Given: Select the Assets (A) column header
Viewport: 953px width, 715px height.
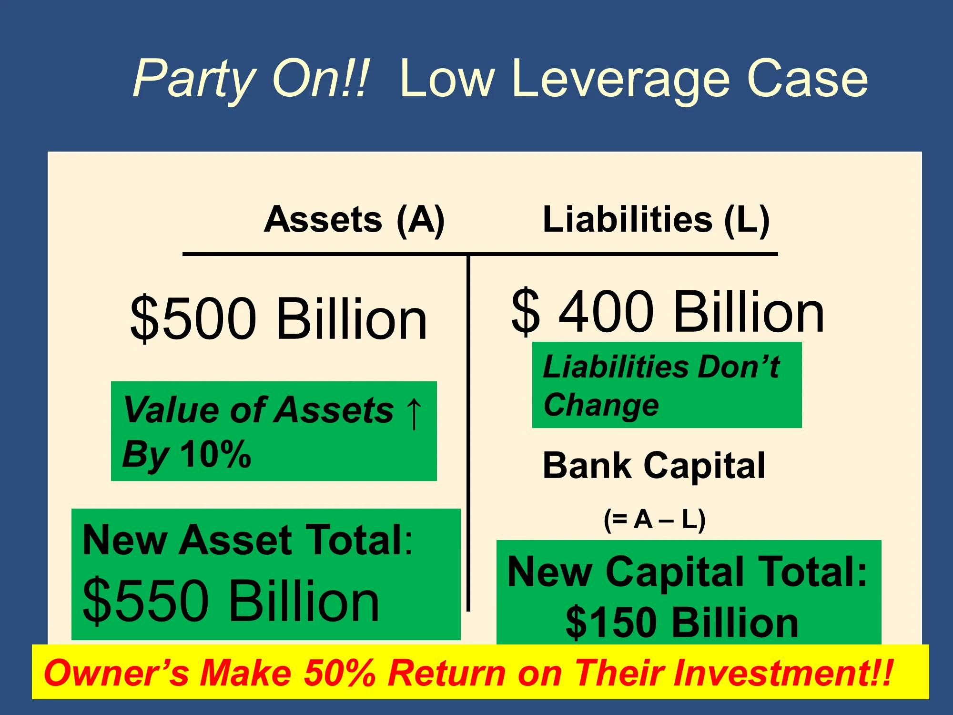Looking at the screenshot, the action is [x=355, y=220].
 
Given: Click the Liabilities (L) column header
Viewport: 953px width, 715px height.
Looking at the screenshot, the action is [x=656, y=220].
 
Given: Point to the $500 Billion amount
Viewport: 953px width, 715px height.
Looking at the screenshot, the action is [x=279, y=318].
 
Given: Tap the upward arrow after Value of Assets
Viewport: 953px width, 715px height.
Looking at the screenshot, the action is [x=414, y=413].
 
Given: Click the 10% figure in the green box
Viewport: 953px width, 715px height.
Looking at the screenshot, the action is [x=216, y=454].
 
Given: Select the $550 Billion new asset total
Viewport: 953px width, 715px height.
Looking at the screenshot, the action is [x=231, y=601].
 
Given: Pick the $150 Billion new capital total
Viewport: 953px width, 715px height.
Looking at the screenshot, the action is [x=682, y=623].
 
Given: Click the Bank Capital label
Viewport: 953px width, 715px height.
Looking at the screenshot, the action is [x=654, y=465].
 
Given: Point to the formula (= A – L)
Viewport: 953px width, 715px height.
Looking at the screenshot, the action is [x=655, y=520].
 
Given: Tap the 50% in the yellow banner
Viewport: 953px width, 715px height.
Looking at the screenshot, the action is [x=339, y=673].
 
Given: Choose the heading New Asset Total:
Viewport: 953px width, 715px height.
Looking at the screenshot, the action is [x=247, y=540].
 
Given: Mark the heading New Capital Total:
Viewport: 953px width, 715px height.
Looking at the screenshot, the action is [x=687, y=572].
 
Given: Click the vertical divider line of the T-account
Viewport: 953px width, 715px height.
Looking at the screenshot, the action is [x=468, y=433].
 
